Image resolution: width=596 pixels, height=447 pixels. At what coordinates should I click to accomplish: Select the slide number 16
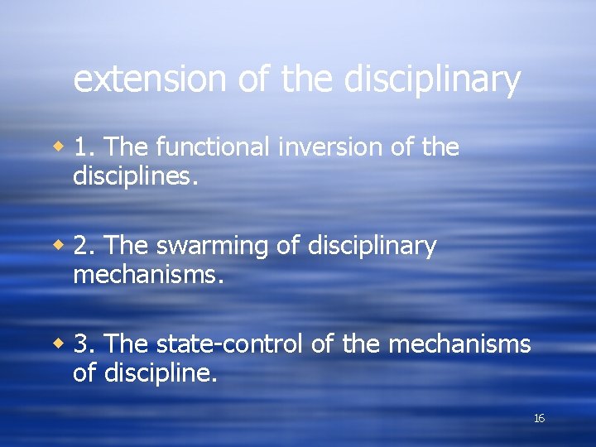tap(539, 419)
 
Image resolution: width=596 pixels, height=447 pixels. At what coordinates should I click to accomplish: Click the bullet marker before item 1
tap(59, 147)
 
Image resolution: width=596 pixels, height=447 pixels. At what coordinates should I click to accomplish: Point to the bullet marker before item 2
tap(59, 246)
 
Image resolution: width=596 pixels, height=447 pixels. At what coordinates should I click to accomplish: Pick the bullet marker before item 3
tap(59, 344)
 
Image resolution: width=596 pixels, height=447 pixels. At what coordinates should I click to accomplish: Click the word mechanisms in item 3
tap(459, 344)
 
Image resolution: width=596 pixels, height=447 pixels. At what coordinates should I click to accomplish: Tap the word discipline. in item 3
tap(161, 372)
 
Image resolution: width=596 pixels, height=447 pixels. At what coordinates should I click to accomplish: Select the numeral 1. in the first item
tap(86, 147)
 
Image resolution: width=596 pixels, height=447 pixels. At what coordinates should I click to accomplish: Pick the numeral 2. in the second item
tap(86, 246)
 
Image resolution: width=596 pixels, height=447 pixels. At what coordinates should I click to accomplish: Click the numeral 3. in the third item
tap(86, 344)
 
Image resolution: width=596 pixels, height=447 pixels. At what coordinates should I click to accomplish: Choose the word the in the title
tap(306, 79)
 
